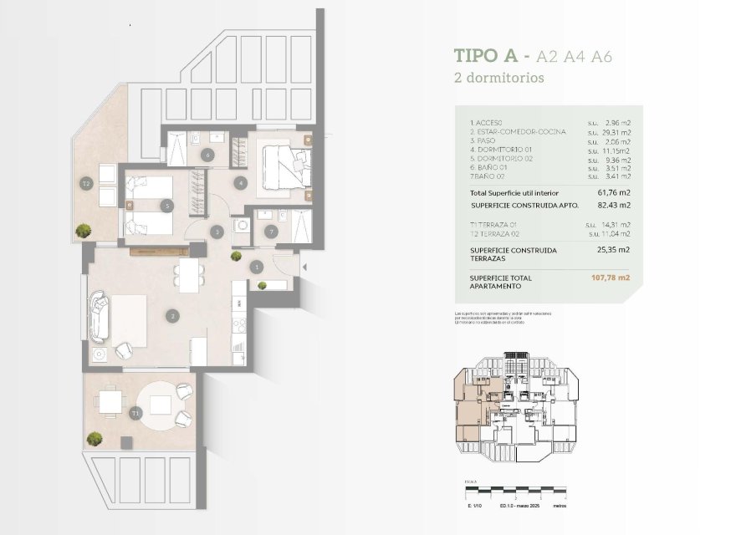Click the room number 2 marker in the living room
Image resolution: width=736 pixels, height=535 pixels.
point(172,316)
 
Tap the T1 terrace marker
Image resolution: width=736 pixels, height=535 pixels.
point(135,413)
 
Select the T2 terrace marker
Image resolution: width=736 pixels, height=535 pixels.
point(85,183)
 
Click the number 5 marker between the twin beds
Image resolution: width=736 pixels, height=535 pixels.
point(168,204)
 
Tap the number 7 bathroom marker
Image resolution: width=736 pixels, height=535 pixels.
point(270,232)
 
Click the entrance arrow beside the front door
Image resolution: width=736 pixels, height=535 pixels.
point(304,267)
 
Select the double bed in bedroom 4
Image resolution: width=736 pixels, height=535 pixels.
point(284,166)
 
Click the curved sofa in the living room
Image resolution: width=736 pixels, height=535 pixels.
point(99,316)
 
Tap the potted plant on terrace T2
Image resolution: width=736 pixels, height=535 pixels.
point(84,229)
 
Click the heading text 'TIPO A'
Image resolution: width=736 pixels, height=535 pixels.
point(483,56)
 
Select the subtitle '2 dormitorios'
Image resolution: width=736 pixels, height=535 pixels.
point(499,79)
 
